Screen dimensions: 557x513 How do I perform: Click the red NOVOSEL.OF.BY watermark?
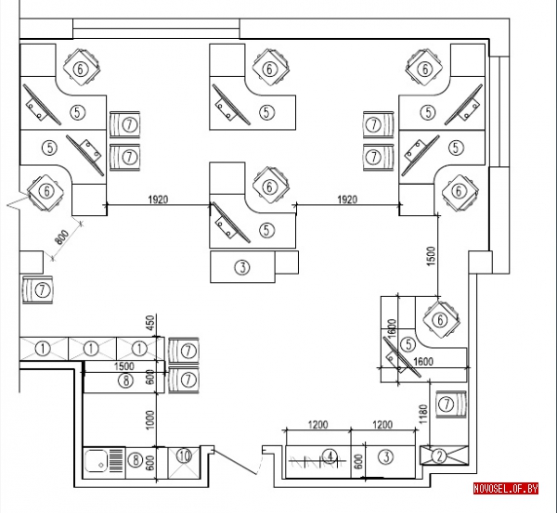(506, 489)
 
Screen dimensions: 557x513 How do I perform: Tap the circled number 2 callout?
(439, 456)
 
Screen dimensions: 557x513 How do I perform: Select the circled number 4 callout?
(330, 455)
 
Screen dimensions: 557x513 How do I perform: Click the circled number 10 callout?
(184, 455)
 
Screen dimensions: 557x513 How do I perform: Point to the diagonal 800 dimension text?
(62, 237)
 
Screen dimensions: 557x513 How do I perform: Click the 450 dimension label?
(150, 322)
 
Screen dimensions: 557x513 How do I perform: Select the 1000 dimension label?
(150, 419)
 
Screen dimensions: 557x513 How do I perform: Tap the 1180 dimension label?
(422, 414)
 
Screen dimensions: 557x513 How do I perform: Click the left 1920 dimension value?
(158, 199)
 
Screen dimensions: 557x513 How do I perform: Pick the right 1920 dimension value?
(347, 199)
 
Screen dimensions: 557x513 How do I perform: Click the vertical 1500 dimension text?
(430, 256)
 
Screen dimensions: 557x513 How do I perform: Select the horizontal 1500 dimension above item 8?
(124, 366)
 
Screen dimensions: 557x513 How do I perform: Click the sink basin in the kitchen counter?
(97, 461)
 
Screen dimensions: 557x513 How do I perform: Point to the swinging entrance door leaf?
(235, 462)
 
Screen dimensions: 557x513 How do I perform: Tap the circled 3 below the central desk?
(242, 267)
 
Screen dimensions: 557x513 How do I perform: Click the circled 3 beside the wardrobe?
(386, 456)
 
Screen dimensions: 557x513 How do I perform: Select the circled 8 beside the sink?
(136, 460)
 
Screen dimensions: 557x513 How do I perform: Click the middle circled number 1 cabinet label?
(91, 349)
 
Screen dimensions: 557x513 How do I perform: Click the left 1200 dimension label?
(317, 424)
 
